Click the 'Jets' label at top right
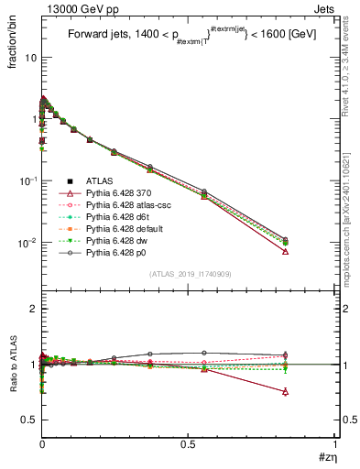coord(325,8)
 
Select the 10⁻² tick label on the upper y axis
coord(26,243)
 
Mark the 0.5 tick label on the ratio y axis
coord(27,420)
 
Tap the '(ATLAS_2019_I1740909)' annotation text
coord(190,275)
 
